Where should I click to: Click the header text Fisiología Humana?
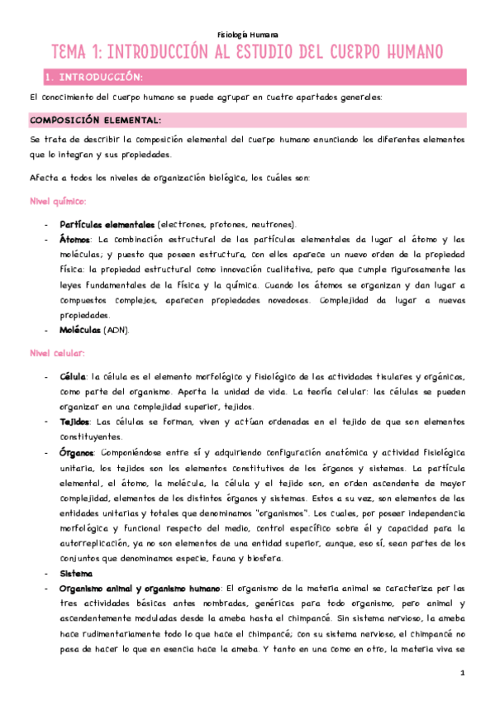pos(247,36)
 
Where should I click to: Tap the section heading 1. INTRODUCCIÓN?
pos(95,78)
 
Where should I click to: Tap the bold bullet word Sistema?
pos(76,572)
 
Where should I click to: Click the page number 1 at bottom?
pos(464,673)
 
